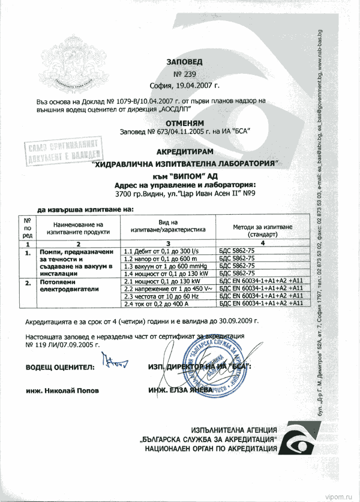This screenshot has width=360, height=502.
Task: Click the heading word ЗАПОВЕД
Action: point(185,61)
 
